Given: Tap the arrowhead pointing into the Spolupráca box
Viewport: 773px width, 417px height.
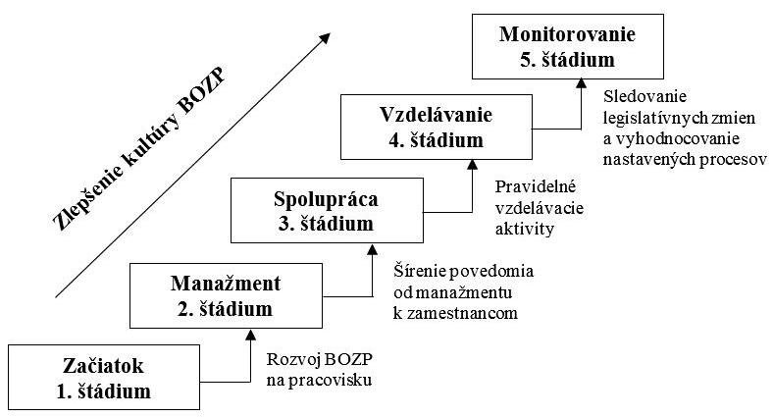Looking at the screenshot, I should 372,250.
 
